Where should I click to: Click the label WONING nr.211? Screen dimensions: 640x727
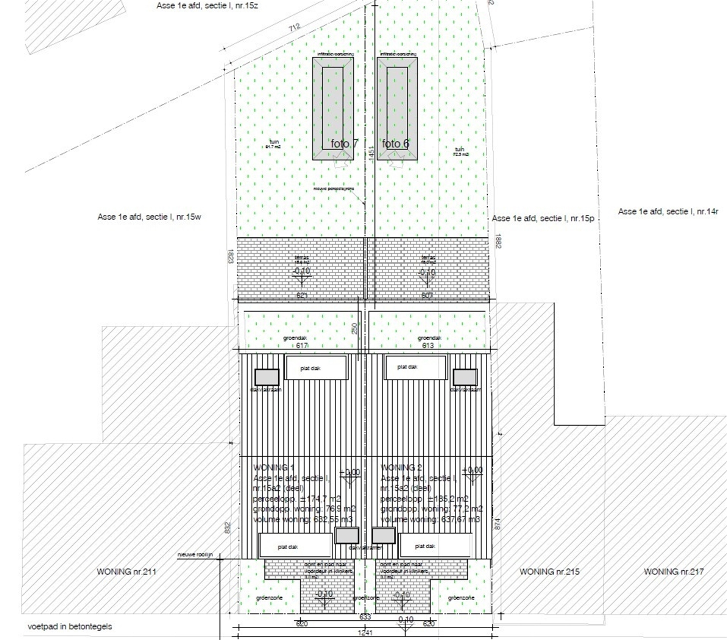coord(126,571)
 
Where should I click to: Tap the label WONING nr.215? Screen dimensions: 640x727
coord(549,571)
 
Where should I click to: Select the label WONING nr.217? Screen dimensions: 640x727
coord(673,571)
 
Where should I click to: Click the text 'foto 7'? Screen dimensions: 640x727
coord(344,144)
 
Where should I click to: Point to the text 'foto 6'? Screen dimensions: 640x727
coord(395,144)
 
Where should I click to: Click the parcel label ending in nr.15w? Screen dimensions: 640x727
coord(149,217)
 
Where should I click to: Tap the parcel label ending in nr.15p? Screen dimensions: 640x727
coord(543,219)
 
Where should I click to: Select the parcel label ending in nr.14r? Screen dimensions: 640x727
coord(668,212)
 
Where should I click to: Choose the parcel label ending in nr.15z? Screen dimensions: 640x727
coord(207,6)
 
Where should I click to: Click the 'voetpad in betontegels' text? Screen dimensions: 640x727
coord(70,626)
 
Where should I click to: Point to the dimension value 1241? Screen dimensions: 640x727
coord(365,632)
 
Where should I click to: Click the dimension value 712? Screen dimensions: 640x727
coord(294,27)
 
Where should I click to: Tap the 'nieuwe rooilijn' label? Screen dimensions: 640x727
coord(195,555)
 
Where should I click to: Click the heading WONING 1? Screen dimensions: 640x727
coord(273,468)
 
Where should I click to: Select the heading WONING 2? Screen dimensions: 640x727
coord(401,468)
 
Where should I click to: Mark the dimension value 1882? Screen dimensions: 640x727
coord(498,241)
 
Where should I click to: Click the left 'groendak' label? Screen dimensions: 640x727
coord(295,338)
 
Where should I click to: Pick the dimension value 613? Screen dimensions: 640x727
coord(428,345)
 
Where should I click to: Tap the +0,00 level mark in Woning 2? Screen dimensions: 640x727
coord(472,470)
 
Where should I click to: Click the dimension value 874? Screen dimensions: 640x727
coord(497,524)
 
